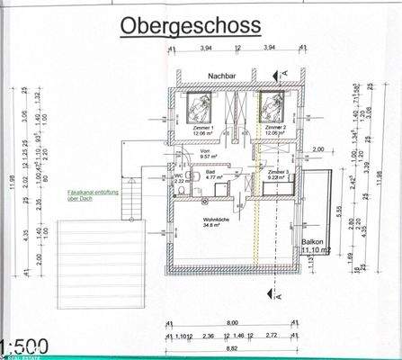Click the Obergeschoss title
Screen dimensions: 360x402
click(x=192, y=26)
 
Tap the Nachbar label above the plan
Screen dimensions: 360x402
click(x=220, y=76)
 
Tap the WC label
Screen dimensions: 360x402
click(x=179, y=176)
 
